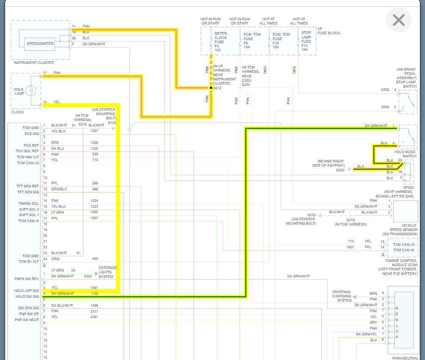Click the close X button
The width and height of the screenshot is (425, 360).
(x=399, y=20)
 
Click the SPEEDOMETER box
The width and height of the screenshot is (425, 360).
(x=40, y=43)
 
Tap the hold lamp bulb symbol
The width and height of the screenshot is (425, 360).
(x=30, y=90)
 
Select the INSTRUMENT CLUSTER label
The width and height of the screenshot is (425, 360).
(x=34, y=63)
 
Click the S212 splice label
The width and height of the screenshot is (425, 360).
(x=218, y=88)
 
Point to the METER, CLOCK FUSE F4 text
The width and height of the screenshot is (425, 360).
(x=221, y=41)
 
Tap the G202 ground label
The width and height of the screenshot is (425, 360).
(x=340, y=170)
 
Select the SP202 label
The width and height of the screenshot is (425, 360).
(x=408, y=187)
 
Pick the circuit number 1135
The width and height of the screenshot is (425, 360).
(x=94, y=294)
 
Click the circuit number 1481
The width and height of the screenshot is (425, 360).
(x=94, y=288)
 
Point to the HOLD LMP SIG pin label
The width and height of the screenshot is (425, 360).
(x=26, y=291)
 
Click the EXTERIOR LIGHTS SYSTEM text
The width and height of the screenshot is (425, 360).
(x=108, y=272)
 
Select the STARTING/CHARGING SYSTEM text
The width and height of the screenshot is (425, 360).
(x=341, y=296)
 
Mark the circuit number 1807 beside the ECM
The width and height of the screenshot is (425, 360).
(x=350, y=247)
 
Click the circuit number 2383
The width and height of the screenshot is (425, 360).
(x=88, y=276)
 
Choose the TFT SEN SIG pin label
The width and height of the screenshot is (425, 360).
(x=28, y=192)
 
